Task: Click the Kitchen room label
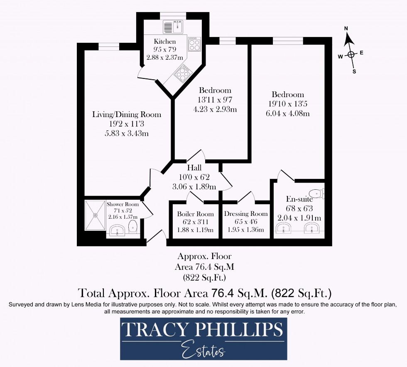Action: click(164, 41)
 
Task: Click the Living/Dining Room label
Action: click(127, 115)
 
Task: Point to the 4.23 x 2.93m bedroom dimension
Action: click(215, 109)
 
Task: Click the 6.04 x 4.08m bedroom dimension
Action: click(287, 113)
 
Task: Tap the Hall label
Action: click(194, 168)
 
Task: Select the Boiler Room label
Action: click(196, 214)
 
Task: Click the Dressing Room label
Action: click(246, 214)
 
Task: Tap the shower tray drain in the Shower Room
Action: click(96, 215)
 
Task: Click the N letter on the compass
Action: click(346, 29)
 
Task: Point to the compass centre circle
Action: click(351, 54)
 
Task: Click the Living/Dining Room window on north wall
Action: click(108, 46)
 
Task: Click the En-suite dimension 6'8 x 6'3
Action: click(299, 208)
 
